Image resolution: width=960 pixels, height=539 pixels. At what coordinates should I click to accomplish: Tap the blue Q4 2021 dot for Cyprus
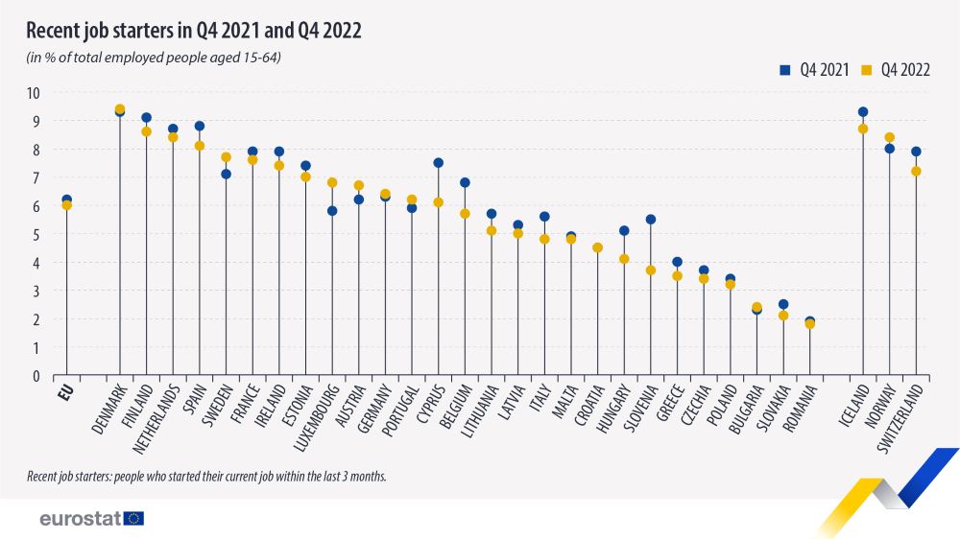click(438, 163)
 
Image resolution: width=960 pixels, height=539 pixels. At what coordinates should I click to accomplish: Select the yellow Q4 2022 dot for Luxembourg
click(332, 182)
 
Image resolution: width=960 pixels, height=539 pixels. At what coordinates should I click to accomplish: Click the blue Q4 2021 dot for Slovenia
click(651, 220)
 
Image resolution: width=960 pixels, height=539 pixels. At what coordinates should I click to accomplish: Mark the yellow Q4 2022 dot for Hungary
click(624, 259)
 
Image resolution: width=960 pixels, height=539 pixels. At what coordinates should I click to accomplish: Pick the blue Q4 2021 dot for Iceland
click(863, 112)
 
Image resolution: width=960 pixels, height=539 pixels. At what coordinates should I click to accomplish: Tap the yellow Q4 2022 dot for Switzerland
click(916, 172)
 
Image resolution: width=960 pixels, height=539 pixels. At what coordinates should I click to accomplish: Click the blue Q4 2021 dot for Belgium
click(465, 182)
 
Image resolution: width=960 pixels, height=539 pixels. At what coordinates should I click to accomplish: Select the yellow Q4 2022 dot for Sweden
click(226, 157)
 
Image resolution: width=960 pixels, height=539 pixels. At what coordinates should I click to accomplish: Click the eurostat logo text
click(80, 519)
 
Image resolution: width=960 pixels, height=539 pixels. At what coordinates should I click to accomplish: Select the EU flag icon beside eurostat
click(133, 519)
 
